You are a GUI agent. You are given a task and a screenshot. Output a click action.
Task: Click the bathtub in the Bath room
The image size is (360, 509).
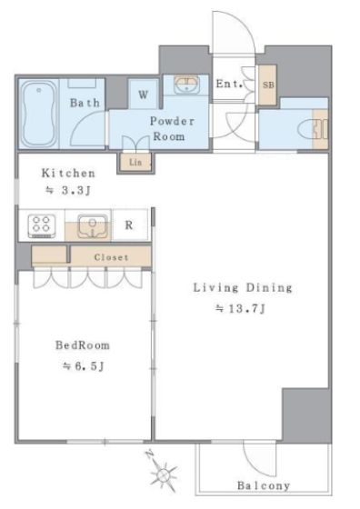tap(39, 114)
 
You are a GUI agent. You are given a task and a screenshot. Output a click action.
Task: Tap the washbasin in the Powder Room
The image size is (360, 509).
tap(186, 85)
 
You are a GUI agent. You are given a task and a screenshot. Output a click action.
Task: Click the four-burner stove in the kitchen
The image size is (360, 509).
tap(42, 225)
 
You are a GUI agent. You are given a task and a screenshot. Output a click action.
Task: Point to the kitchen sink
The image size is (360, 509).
tap(93, 225)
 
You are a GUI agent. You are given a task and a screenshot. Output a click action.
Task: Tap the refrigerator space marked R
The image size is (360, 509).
tap(129, 225)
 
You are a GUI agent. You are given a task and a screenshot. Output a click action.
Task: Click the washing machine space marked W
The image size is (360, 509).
tap(143, 95)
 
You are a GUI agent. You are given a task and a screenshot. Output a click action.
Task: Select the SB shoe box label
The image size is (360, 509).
tap(268, 85)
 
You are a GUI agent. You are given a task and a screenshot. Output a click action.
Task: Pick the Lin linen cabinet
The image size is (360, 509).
tap(135, 162)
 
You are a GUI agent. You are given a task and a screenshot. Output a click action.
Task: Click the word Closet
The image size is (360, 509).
tap(111, 257)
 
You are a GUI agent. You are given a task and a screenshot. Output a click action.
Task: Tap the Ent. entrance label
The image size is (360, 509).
tap(229, 84)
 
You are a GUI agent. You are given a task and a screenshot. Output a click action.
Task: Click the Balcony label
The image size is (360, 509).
tap(264, 485)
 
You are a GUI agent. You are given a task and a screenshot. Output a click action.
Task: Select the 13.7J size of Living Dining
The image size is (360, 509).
tap(241, 308)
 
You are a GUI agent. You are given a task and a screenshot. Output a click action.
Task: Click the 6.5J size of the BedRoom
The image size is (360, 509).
tap(84, 366)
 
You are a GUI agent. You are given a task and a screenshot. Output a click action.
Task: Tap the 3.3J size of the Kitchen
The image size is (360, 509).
tap(67, 190)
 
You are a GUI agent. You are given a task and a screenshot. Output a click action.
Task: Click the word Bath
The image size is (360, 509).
tap(85, 103)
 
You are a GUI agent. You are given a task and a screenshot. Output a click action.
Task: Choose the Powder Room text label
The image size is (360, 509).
tap(172, 128)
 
